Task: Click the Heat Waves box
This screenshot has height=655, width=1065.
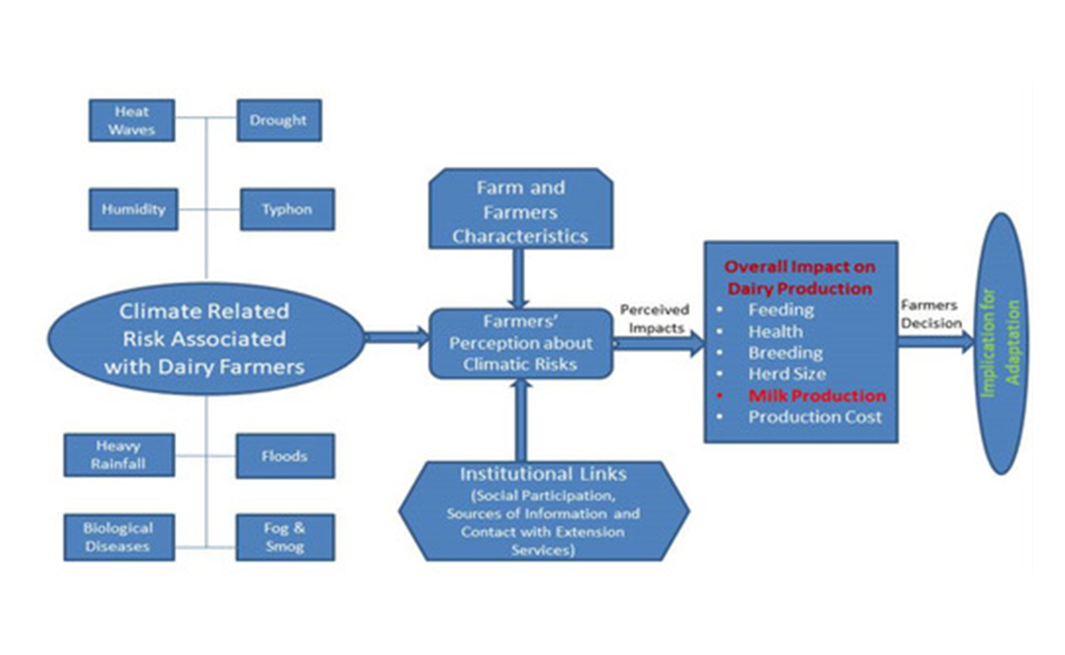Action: point(131,120)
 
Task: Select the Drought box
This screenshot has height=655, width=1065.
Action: point(279,120)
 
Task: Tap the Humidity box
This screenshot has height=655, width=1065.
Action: point(133,209)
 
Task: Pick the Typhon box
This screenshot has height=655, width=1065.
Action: point(287,209)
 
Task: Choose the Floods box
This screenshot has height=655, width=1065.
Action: point(284,456)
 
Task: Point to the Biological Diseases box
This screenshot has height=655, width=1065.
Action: point(118,537)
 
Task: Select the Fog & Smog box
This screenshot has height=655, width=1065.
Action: point(284,537)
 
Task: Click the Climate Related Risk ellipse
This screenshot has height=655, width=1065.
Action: point(204,338)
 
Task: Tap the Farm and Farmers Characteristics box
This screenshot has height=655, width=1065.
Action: point(520,211)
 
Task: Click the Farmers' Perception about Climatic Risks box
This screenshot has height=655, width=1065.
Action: point(520,343)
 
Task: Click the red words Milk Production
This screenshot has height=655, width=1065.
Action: point(817,395)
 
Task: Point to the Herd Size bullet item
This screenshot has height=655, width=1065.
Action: point(787,374)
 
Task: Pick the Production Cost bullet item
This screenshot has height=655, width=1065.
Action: point(815,417)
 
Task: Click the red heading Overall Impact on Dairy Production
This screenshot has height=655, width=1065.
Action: point(800,278)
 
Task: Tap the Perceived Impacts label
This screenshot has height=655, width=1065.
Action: point(655,318)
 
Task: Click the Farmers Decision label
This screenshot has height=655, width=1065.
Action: point(931,314)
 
